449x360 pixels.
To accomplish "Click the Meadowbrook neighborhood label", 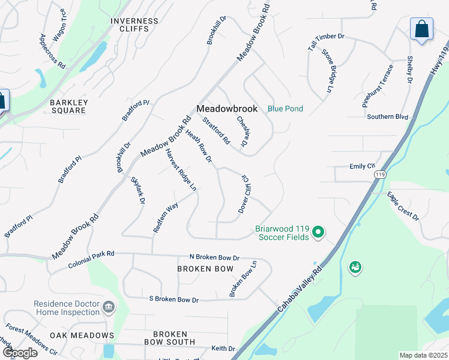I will click(227, 109).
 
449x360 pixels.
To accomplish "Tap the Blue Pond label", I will click(285, 109).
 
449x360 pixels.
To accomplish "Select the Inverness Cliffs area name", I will click(134, 26).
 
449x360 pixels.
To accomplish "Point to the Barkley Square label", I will click(69, 107).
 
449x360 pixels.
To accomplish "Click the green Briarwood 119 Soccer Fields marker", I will click(319, 232).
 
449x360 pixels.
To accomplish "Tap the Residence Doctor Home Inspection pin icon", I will click(109, 308).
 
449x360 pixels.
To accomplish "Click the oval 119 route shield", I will click(379, 174).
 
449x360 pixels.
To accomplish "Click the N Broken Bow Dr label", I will click(214, 256).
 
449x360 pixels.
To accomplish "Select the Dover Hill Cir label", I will click(245, 194).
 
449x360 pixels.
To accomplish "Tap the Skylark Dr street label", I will click(137, 190).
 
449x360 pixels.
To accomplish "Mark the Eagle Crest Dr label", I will click(402, 205).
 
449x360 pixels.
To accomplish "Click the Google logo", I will click(19, 352).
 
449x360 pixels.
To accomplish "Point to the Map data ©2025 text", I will click(423, 355).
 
